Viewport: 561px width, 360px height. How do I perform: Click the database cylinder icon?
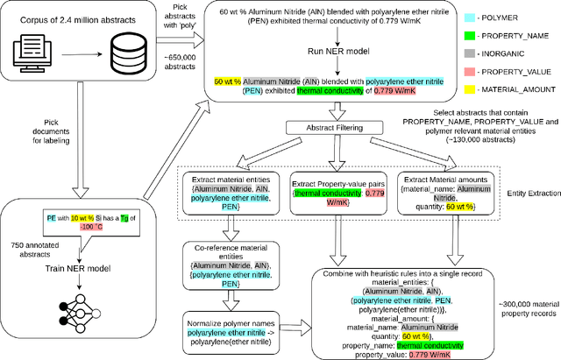[127, 52]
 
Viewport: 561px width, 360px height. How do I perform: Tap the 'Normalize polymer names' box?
[231, 325]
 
